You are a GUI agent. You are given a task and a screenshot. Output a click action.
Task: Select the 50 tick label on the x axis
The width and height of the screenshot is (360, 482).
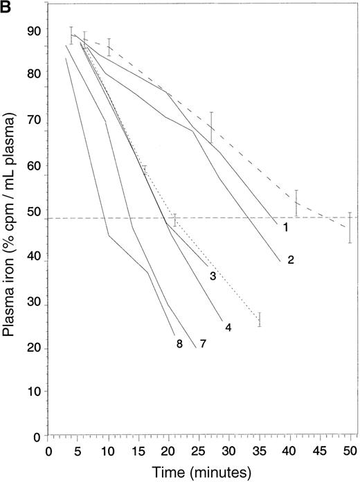[x=350, y=452]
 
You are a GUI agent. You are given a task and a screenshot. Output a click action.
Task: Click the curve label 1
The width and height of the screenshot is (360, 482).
[x=284, y=226]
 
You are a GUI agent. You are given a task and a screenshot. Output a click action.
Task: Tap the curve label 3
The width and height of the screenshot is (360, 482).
[x=213, y=276]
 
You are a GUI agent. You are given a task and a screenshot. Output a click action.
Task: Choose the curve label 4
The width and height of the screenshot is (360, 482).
[x=228, y=325]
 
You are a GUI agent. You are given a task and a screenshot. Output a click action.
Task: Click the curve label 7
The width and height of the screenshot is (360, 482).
[x=203, y=343]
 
